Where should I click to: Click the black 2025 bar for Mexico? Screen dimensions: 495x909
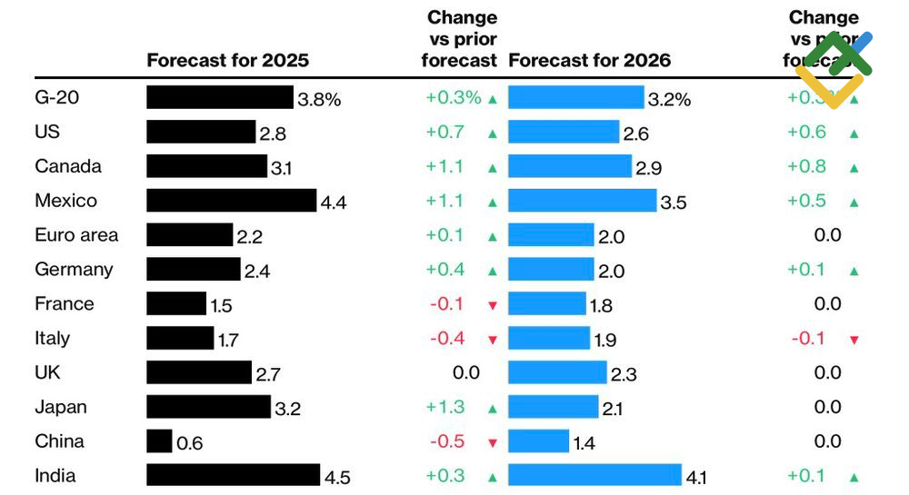(x=231, y=201)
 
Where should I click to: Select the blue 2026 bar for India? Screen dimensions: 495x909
(x=594, y=475)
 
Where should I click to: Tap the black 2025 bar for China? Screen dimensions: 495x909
(x=159, y=441)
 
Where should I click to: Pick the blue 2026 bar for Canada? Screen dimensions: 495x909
(x=569, y=166)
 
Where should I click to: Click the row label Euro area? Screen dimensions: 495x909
(x=76, y=235)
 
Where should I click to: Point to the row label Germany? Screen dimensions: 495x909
(x=74, y=270)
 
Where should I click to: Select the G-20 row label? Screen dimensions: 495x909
(x=56, y=97)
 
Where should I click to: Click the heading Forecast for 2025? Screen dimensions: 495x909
(x=227, y=61)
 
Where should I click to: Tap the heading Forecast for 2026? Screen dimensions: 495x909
(x=589, y=61)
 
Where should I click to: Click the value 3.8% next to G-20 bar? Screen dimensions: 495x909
(x=319, y=100)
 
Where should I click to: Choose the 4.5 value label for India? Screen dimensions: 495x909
(x=336, y=478)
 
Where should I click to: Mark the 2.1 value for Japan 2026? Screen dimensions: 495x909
(x=612, y=409)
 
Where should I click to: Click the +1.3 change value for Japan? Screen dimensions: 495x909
(x=445, y=407)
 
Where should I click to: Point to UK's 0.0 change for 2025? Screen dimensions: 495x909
(x=466, y=372)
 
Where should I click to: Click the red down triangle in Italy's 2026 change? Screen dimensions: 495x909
(x=854, y=340)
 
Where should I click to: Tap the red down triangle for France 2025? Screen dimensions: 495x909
(x=493, y=305)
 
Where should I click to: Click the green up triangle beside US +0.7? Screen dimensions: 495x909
(x=493, y=134)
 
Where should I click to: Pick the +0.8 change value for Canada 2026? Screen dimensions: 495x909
(x=806, y=166)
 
